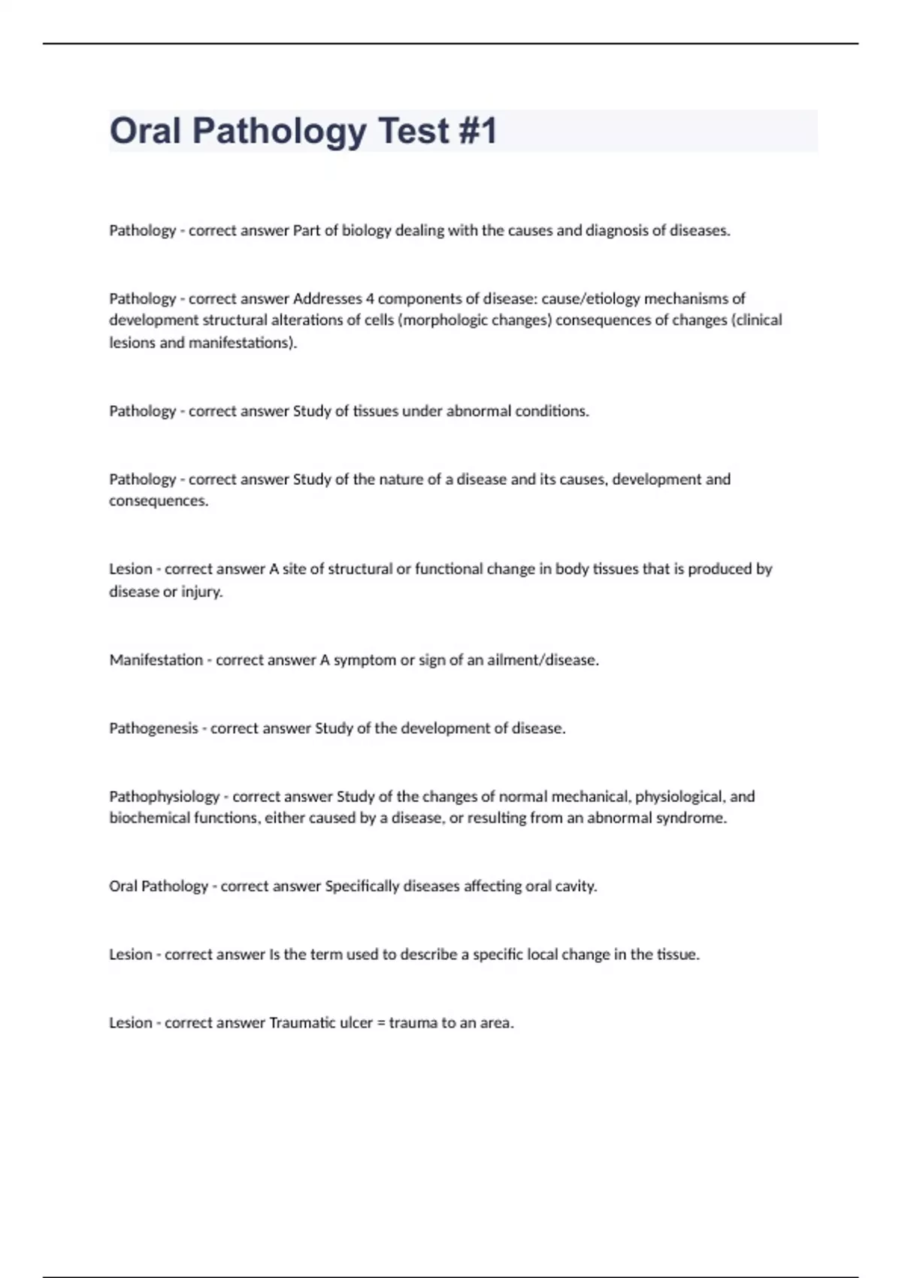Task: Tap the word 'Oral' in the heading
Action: coord(145,131)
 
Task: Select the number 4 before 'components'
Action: coord(370,298)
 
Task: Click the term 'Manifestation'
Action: coord(156,660)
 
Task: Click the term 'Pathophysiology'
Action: coord(164,797)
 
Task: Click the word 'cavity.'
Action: coord(576,886)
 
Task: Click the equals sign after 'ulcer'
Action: coord(381,1023)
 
